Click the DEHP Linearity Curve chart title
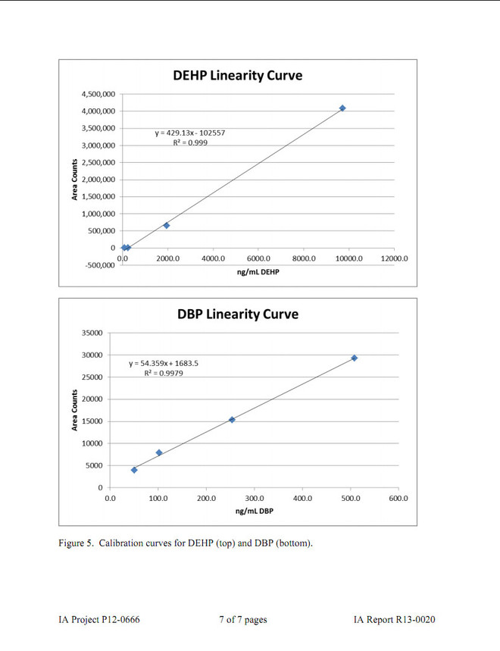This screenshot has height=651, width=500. (x=238, y=75)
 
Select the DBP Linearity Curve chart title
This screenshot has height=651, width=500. (x=238, y=314)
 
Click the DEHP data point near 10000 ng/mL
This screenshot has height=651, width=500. (x=342, y=108)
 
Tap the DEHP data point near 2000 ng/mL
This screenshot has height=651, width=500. (x=167, y=225)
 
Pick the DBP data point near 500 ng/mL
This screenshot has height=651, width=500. (x=354, y=358)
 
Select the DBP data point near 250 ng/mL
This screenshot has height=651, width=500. (x=232, y=419)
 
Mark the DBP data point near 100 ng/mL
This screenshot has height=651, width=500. (x=159, y=452)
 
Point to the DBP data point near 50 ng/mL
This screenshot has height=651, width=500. (x=134, y=470)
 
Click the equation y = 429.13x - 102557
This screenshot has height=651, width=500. (x=190, y=133)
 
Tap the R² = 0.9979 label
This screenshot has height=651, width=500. (x=164, y=374)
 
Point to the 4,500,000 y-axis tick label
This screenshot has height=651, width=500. (x=98, y=94)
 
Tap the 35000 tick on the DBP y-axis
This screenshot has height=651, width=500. (x=92, y=333)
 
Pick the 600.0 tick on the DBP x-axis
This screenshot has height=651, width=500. (x=398, y=499)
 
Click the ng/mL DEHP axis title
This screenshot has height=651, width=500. (x=258, y=271)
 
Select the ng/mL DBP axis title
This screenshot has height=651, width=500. (x=255, y=511)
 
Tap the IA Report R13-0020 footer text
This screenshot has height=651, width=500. (x=394, y=620)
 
